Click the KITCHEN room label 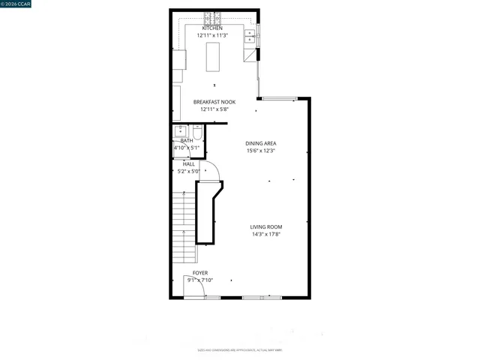click(212, 28)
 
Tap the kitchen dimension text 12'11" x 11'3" click(212, 35)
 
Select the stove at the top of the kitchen click(212, 18)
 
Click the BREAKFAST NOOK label click(214, 102)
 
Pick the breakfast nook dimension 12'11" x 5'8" click(214, 109)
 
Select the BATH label click(186, 140)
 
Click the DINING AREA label click(261, 143)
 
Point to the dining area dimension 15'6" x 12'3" click(261, 151)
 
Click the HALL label click(189, 163)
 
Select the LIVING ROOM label click(266, 226)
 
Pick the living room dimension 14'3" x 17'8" click(266, 234)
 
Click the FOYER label click(200, 273)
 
